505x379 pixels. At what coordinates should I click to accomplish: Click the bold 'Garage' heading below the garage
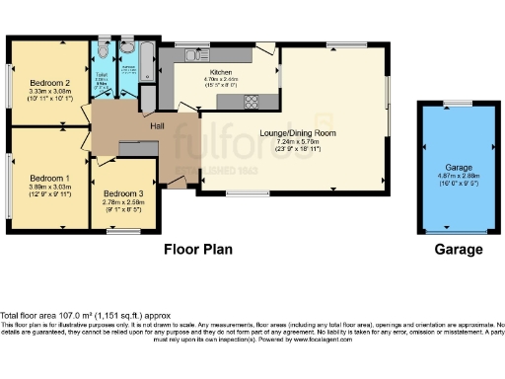[x=459, y=250]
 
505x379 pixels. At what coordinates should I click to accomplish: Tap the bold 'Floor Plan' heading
[x=197, y=250]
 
